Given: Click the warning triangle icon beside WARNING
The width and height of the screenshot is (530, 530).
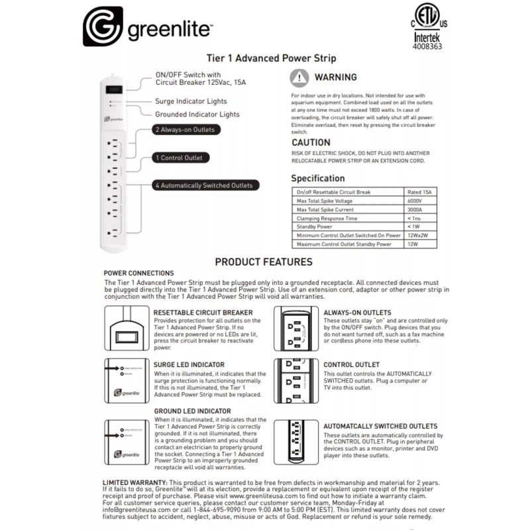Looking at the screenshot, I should (300, 78).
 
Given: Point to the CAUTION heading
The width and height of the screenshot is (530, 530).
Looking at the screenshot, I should (311, 142).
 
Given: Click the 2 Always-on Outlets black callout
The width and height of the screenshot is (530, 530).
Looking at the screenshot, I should (184, 130).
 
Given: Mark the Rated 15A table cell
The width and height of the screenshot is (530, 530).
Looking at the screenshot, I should (420, 192).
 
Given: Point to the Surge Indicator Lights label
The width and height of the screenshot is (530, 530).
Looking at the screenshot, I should (191, 101).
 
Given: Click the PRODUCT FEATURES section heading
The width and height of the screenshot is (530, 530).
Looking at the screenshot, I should (264, 262).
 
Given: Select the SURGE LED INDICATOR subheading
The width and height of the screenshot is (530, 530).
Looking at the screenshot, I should (189, 364).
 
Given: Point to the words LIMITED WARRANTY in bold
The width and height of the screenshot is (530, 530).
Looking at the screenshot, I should (134, 482).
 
